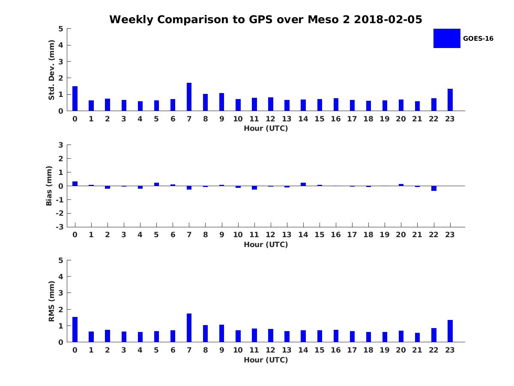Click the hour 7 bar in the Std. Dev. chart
tap(189, 97)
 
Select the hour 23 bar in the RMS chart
tap(450, 331)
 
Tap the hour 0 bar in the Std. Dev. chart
tap(75, 99)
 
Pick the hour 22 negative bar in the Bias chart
tap(434, 188)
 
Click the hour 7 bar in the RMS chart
tap(189, 328)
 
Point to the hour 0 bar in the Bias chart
tap(75, 184)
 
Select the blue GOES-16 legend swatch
tap(447, 38)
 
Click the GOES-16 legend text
tap(478, 39)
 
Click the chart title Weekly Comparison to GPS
tap(266, 19)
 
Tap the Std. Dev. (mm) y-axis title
tap(51, 70)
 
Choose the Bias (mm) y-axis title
tap(49, 186)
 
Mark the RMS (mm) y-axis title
tap(51, 302)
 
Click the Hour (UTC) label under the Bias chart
tap(266, 245)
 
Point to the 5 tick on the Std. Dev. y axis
tap(61, 29)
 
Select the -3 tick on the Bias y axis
tap(60, 227)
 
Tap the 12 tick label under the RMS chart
tap(271, 350)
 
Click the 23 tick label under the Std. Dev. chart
tap(450, 119)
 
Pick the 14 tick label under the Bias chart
tap(303, 235)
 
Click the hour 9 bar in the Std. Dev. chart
tap(221, 102)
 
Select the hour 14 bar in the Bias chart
tap(303, 184)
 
